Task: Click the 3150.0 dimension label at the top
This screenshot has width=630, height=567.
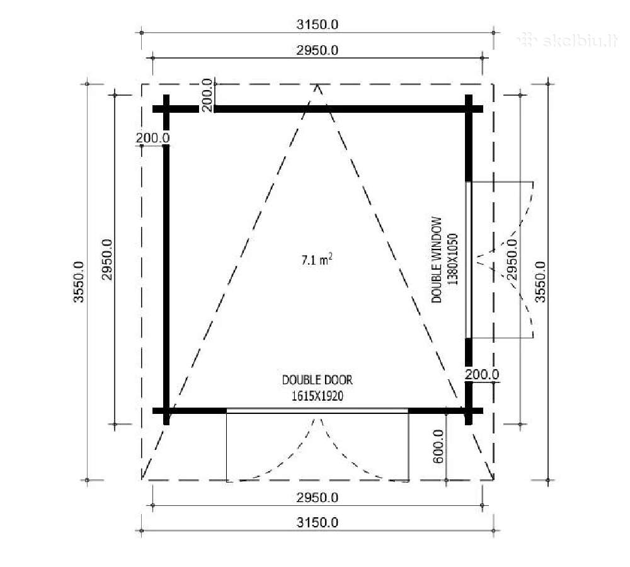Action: (x=318, y=25)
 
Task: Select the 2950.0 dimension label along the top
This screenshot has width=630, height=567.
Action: (x=318, y=50)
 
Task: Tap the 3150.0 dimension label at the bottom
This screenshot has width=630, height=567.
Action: (x=318, y=522)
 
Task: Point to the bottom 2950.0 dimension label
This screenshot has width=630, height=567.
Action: (x=318, y=498)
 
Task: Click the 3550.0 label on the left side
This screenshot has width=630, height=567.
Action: (x=79, y=282)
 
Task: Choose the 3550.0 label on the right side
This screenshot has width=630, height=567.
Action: (x=541, y=282)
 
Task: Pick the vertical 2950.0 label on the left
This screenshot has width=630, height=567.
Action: (x=107, y=260)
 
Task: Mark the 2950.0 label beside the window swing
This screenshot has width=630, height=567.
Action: (x=511, y=260)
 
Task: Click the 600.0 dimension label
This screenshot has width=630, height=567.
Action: (x=438, y=446)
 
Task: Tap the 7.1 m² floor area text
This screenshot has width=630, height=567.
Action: (x=317, y=260)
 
